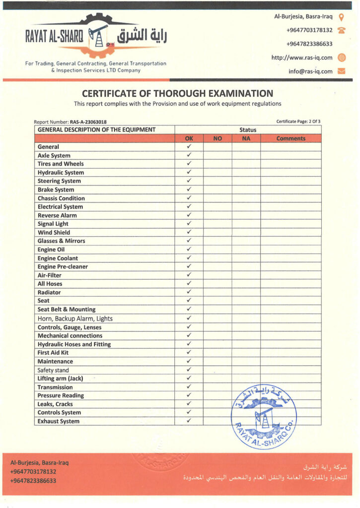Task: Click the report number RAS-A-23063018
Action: point(92,122)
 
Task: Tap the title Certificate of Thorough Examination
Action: point(177,93)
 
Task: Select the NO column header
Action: point(217,138)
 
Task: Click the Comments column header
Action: point(290,138)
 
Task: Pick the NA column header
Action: point(246,138)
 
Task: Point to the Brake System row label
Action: point(56,190)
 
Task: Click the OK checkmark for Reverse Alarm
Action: point(189,215)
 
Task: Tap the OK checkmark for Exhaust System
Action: point(189,421)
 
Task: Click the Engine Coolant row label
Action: point(58,258)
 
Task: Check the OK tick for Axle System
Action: point(189,155)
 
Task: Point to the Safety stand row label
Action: point(53,370)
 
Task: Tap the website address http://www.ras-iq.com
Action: point(301,58)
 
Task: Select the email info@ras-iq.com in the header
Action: point(310,71)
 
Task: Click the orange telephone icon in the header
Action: point(341,30)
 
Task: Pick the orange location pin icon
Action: point(341,16)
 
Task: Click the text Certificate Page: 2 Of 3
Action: point(298,121)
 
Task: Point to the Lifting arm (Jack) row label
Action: point(60,379)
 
